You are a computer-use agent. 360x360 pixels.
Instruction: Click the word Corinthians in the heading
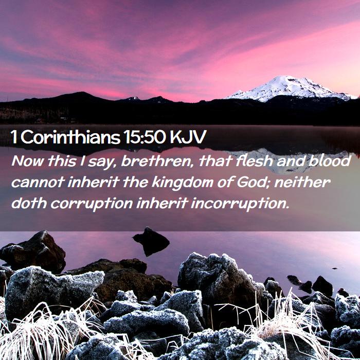click(x=71, y=137)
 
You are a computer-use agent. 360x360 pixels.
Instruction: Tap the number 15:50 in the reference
click(x=144, y=137)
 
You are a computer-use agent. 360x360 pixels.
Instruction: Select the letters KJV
click(x=188, y=137)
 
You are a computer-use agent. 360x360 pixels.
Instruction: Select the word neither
click(x=302, y=182)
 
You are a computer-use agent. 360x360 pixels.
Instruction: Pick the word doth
click(x=29, y=203)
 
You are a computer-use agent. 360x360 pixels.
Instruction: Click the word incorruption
click(x=240, y=204)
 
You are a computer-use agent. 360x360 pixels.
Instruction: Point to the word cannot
click(x=38, y=183)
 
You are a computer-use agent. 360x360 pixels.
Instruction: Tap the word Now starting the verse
click(x=28, y=161)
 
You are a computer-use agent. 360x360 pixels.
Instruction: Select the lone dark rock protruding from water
click(x=151, y=241)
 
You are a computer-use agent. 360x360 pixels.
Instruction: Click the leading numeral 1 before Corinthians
click(x=14, y=137)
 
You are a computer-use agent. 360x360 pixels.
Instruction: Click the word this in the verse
click(x=62, y=161)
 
